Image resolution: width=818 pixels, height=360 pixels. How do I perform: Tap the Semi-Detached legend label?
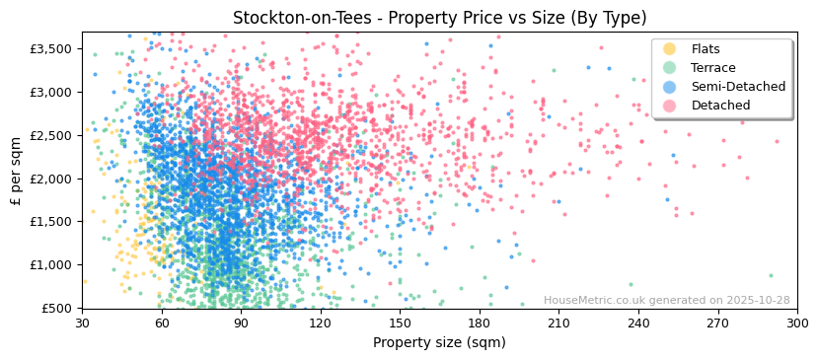[738, 87]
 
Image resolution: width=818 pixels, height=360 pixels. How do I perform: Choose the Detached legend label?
[720, 106]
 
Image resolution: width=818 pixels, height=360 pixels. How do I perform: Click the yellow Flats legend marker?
[670, 49]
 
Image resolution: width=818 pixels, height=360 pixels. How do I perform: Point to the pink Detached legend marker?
[670, 106]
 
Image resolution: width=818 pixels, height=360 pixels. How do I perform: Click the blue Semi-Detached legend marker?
[670, 87]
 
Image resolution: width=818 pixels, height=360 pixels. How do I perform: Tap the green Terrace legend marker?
[670, 68]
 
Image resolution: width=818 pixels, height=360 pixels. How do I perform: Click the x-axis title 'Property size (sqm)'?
[439, 343]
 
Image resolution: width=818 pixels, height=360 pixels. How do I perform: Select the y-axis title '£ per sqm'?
[17, 170]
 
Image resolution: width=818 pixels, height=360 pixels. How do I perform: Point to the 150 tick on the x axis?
[401, 323]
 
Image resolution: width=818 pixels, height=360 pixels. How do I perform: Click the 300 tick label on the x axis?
[797, 323]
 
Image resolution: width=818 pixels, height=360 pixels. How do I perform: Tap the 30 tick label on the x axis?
[83, 323]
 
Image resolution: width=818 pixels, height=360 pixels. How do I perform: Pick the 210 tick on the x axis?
[559, 323]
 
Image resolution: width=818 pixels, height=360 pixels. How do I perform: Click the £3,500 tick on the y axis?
[50, 48]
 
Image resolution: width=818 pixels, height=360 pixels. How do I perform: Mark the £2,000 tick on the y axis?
[50, 179]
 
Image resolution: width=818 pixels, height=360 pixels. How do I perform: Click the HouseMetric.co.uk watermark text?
[666, 301]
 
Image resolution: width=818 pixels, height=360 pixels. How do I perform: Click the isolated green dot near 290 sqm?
[771, 275]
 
